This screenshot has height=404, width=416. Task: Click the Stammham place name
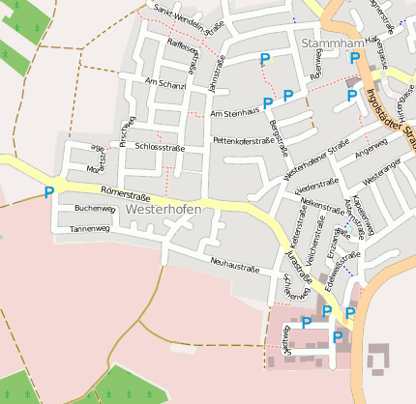pyautogui.click(x=332, y=44)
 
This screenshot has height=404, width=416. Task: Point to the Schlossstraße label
pyautogui.click(x=160, y=148)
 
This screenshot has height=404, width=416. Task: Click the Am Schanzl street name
pyautogui.click(x=163, y=84)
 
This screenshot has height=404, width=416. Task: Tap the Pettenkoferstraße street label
pyautogui.click(x=244, y=140)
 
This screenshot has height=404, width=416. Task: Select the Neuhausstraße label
pyautogui.click(x=237, y=262)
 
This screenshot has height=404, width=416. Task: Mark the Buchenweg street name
pyautogui.click(x=95, y=208)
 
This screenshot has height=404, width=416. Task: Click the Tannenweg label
pyautogui.click(x=91, y=229)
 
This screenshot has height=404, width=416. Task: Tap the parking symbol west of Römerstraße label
pyautogui.click(x=49, y=192)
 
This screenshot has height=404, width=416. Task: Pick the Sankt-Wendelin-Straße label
pyautogui.click(x=189, y=18)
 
